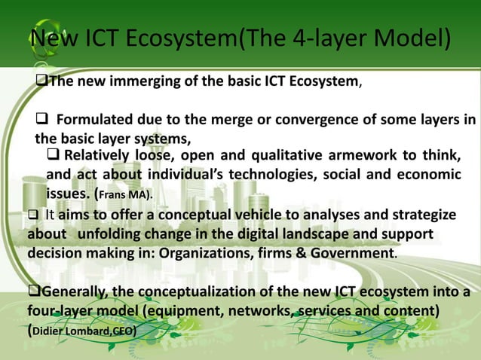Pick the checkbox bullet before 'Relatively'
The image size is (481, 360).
tap(54, 156)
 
